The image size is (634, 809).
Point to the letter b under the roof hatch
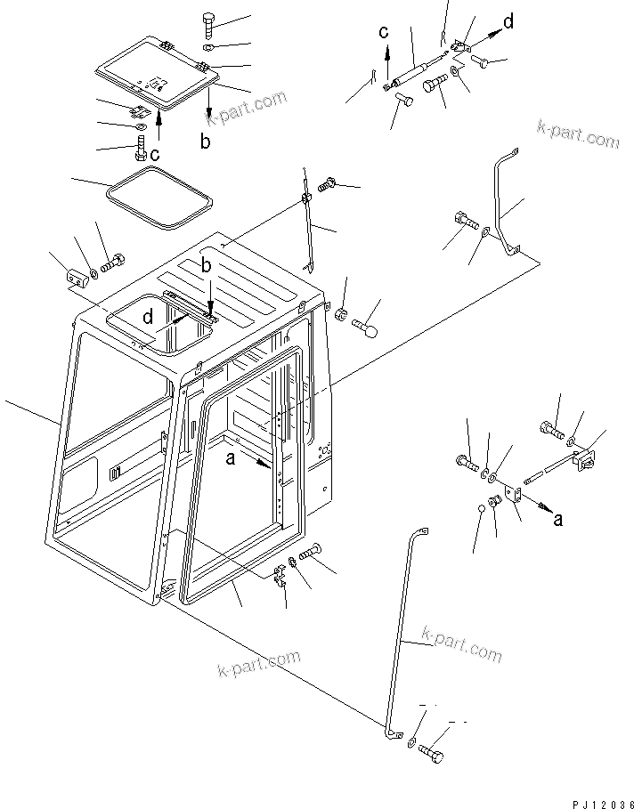[206, 141]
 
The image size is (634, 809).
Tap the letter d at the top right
[507, 22]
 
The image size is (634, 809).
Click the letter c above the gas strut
[384, 33]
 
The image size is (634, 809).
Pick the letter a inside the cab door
[231, 458]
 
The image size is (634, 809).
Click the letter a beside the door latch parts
[557, 520]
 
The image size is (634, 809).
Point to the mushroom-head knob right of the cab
[367, 330]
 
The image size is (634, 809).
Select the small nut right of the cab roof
[340, 313]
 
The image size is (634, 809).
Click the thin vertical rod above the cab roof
[307, 222]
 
